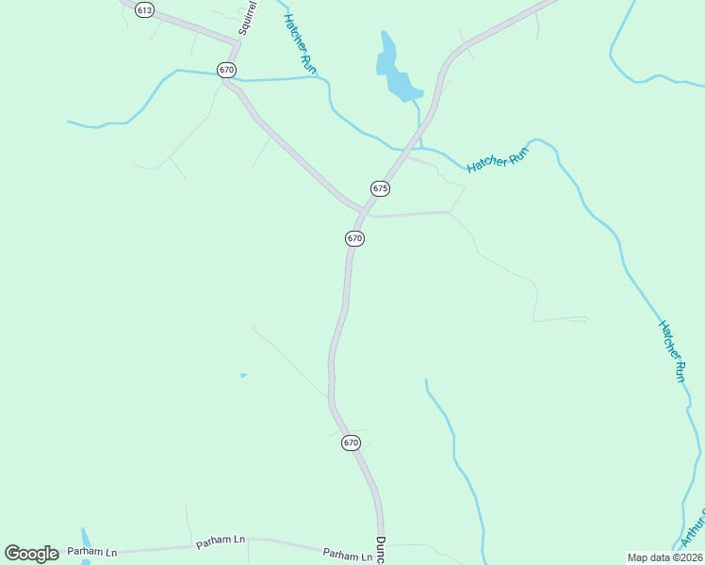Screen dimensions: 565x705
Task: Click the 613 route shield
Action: coord(143,9)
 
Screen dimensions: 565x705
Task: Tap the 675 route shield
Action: coord(380,188)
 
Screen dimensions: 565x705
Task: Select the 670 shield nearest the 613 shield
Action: coord(225,70)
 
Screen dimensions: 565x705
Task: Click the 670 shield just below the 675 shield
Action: coord(354,238)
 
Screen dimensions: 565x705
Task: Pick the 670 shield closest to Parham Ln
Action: coord(351,442)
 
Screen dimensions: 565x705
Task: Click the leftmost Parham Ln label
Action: coord(92,551)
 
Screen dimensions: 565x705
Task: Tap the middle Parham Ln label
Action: coord(221,541)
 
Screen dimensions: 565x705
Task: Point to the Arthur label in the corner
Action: coord(694,530)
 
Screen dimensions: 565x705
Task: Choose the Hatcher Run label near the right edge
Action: coord(672,350)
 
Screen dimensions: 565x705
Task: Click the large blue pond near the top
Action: coord(396,73)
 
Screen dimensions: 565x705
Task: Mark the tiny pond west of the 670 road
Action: coord(243,375)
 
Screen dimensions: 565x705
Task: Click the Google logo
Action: coord(32,554)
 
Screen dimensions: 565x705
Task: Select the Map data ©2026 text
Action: coord(664,557)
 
